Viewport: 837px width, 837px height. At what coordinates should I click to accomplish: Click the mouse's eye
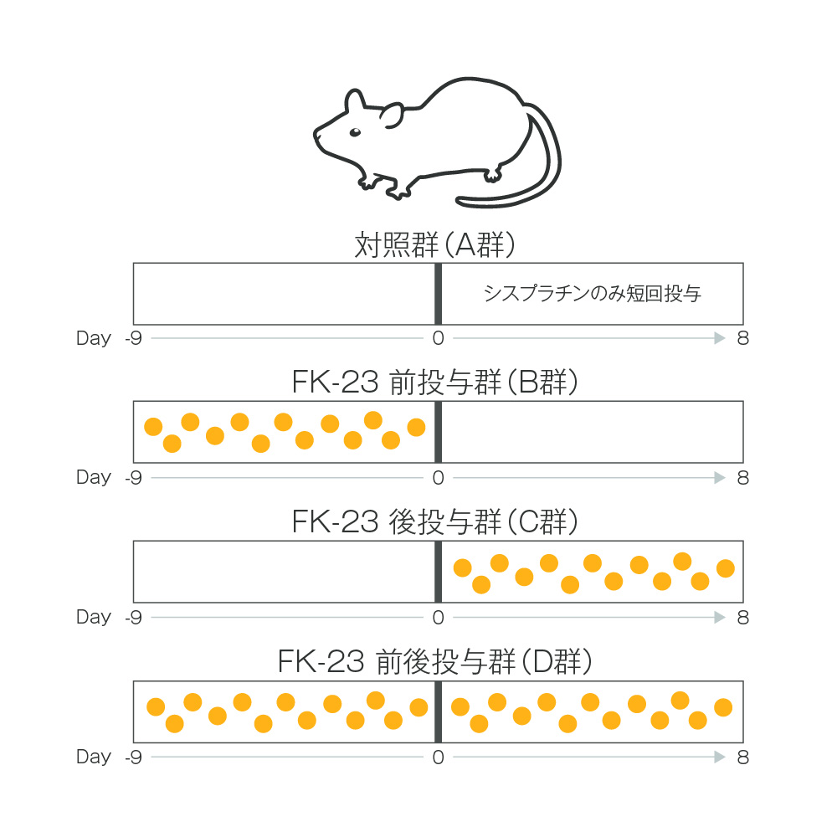pos(355,132)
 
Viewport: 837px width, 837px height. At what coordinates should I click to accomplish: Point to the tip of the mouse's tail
pos(460,200)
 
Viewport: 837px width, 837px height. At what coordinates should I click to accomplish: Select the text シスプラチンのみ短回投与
pos(592,294)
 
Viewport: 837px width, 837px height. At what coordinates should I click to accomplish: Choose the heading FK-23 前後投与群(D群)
pos(434,662)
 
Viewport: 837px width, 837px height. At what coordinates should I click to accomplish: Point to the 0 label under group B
pos(437,477)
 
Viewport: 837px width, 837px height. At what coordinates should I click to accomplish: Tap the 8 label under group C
pos(742,617)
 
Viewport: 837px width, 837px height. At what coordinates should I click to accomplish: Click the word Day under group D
pos(93,757)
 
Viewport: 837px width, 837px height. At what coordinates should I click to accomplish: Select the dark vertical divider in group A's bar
pos(438,294)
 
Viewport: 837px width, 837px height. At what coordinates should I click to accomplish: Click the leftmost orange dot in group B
pos(153,427)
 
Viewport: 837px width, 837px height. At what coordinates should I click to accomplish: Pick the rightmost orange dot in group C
pos(725,569)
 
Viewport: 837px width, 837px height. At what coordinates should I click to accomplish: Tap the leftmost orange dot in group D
pos(156,707)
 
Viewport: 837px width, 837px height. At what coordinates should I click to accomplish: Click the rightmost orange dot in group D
pos(723,707)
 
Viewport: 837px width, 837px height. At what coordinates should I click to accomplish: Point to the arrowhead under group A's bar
pos(719,338)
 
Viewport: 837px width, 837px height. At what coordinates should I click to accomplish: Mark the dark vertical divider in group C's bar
pos(438,572)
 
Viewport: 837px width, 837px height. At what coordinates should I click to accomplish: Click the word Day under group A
pos(93,338)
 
